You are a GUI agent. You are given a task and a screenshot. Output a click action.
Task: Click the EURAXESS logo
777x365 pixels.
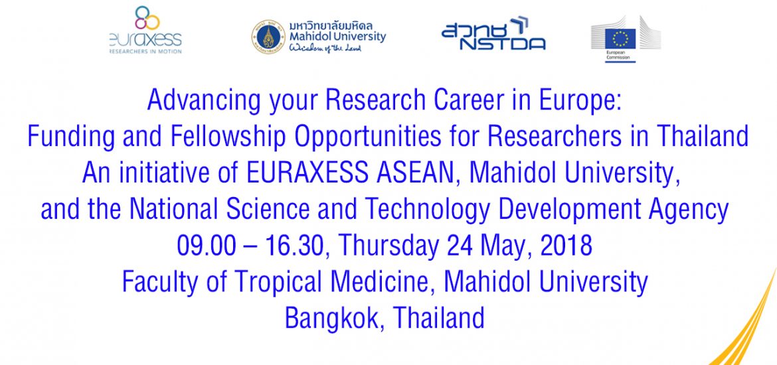tap(145, 30)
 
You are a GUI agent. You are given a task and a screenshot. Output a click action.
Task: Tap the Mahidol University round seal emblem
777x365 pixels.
tap(268, 36)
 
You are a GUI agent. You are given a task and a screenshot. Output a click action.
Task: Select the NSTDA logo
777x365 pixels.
tap(493, 34)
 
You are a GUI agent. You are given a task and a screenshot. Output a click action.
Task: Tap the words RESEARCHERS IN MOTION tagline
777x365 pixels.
tap(145, 51)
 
